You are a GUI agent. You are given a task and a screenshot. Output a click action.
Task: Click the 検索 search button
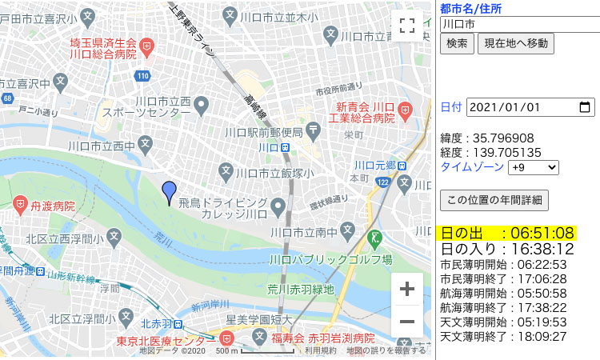click(457, 43)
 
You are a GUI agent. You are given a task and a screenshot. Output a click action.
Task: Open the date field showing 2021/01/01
click(530, 107)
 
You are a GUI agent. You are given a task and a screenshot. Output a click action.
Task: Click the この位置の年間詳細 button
click(494, 200)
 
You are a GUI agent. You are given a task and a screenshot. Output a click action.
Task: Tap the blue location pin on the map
click(169, 193)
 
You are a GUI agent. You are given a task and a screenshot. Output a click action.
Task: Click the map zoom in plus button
click(406, 289)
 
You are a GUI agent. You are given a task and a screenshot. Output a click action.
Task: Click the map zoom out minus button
click(406, 322)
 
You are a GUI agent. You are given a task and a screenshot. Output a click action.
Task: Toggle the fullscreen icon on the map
click(406, 26)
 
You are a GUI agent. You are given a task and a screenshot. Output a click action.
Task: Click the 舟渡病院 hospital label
click(53, 206)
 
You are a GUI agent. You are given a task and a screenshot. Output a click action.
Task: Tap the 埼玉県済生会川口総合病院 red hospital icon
click(146, 48)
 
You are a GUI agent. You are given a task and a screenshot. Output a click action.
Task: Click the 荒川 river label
click(164, 238)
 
